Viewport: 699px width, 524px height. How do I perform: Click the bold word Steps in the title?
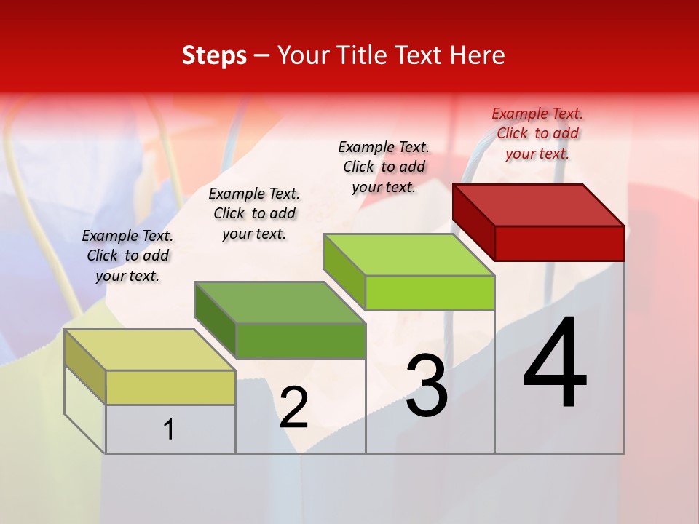click(x=214, y=55)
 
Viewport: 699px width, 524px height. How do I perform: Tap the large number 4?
click(x=555, y=364)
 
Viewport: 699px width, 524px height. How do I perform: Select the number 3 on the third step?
click(x=427, y=386)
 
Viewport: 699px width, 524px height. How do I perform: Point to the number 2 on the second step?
click(x=294, y=408)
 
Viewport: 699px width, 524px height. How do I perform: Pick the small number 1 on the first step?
click(x=169, y=429)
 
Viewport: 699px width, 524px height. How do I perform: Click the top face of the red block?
click(x=539, y=205)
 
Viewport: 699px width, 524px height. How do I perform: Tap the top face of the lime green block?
click(x=409, y=255)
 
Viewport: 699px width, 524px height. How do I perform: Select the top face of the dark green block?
click(x=280, y=302)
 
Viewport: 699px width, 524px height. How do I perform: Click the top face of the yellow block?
click(x=151, y=350)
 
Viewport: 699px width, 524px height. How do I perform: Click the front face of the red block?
click(x=559, y=243)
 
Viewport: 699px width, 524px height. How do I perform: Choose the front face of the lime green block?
click(x=430, y=293)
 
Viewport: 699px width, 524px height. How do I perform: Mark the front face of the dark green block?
click(x=300, y=341)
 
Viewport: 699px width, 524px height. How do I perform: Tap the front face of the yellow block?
click(x=170, y=387)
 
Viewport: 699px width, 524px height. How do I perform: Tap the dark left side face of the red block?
click(x=473, y=222)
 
